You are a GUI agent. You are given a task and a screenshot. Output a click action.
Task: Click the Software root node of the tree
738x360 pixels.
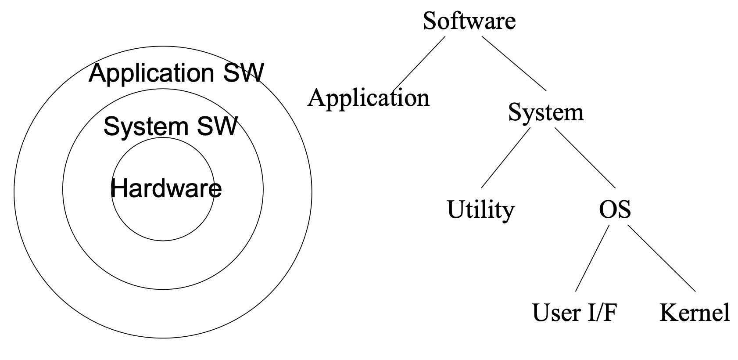[469, 21]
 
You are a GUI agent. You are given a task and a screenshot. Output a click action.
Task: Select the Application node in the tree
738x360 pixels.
[368, 98]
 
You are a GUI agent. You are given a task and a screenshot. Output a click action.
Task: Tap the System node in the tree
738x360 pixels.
[546, 112]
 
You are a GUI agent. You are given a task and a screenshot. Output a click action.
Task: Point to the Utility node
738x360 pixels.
[480, 209]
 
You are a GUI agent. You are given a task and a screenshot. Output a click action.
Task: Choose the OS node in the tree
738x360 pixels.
[615, 209]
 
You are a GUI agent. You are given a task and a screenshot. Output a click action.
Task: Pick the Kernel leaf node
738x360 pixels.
[695, 313]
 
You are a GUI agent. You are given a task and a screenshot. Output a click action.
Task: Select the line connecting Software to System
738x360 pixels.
[514, 63]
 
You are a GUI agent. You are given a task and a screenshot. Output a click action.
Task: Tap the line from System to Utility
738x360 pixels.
[505, 157]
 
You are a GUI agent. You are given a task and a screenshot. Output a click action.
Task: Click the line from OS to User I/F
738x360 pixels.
[592, 258]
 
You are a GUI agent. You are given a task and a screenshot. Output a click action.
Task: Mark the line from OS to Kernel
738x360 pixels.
[662, 258]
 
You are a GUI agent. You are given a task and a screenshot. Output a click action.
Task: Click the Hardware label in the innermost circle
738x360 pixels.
[166, 189]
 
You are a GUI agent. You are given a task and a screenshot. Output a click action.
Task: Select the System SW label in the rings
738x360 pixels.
[170, 126]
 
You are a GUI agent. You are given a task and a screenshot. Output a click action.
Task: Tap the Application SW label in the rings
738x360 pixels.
[176, 73]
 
